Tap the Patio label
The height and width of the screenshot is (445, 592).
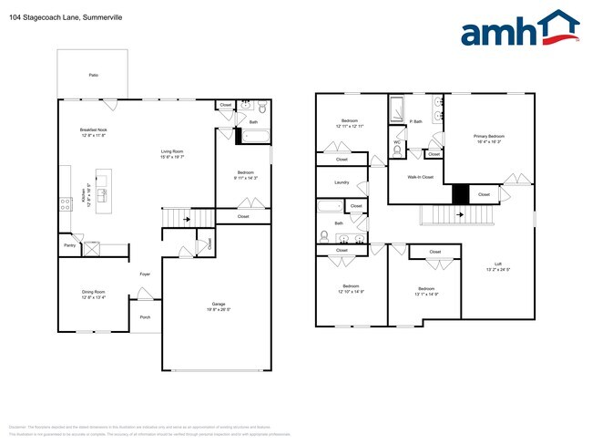[93, 75]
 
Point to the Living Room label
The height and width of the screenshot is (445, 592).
[173, 151]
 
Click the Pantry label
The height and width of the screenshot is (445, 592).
[69, 245]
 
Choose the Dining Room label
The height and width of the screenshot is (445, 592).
[94, 292]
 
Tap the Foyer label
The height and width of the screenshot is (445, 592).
[145, 274]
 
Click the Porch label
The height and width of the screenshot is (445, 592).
[145, 317]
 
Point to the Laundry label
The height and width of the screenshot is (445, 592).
[342, 182]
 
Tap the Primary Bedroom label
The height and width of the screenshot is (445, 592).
[489, 137]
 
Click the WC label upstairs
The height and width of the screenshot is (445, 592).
[397, 142]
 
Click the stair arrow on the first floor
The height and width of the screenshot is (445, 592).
[186, 219]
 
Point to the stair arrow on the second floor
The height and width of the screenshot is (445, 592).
[461, 215]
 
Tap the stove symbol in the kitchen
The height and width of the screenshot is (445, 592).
[66, 204]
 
